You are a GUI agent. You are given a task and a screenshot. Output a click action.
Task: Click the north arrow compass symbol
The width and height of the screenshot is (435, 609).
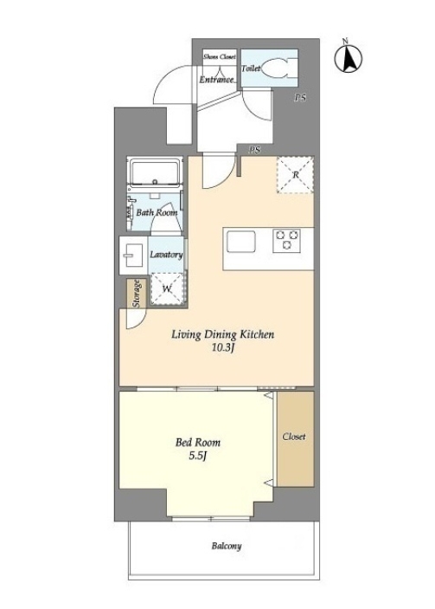tap(349, 59)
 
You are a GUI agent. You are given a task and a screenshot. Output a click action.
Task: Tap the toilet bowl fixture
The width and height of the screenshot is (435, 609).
tap(279, 68)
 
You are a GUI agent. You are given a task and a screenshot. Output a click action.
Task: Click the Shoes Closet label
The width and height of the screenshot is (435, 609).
tap(220, 56)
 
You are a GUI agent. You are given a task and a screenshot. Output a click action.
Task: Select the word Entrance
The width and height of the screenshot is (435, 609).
tap(217, 80)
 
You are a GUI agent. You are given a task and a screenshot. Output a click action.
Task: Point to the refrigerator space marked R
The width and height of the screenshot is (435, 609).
tap(295, 175)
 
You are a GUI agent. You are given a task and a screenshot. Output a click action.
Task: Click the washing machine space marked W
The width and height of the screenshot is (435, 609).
tap(167, 288)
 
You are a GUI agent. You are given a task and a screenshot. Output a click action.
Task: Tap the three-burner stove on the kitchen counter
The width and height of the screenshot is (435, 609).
tap(286, 240)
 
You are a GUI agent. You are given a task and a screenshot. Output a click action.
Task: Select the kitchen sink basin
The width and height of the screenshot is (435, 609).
tap(241, 242)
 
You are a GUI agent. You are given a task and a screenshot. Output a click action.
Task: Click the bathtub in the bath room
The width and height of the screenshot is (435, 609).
tap(155, 173)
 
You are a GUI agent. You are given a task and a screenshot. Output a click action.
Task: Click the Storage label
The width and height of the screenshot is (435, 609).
tap(137, 293)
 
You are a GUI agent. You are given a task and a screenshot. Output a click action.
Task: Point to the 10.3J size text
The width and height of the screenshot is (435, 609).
tap(222, 348)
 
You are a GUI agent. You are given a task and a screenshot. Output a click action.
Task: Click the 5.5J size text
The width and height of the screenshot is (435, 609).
tap(198, 456)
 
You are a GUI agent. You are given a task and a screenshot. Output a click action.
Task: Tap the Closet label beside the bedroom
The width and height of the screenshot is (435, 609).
tap(294, 437)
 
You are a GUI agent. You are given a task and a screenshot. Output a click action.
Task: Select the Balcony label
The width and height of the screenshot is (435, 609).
tap(227, 546)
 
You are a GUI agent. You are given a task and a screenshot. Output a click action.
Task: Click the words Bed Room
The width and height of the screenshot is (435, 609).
tap(198, 443)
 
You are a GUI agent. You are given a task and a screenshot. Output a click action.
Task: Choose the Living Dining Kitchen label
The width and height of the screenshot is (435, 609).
tap(223, 334)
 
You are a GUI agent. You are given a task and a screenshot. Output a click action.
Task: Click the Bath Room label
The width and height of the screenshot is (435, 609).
tap(157, 213)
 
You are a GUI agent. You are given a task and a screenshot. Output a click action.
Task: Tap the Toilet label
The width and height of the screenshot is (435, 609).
tap(251, 68)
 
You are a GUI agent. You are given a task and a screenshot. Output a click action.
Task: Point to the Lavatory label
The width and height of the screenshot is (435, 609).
tap(166, 255)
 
